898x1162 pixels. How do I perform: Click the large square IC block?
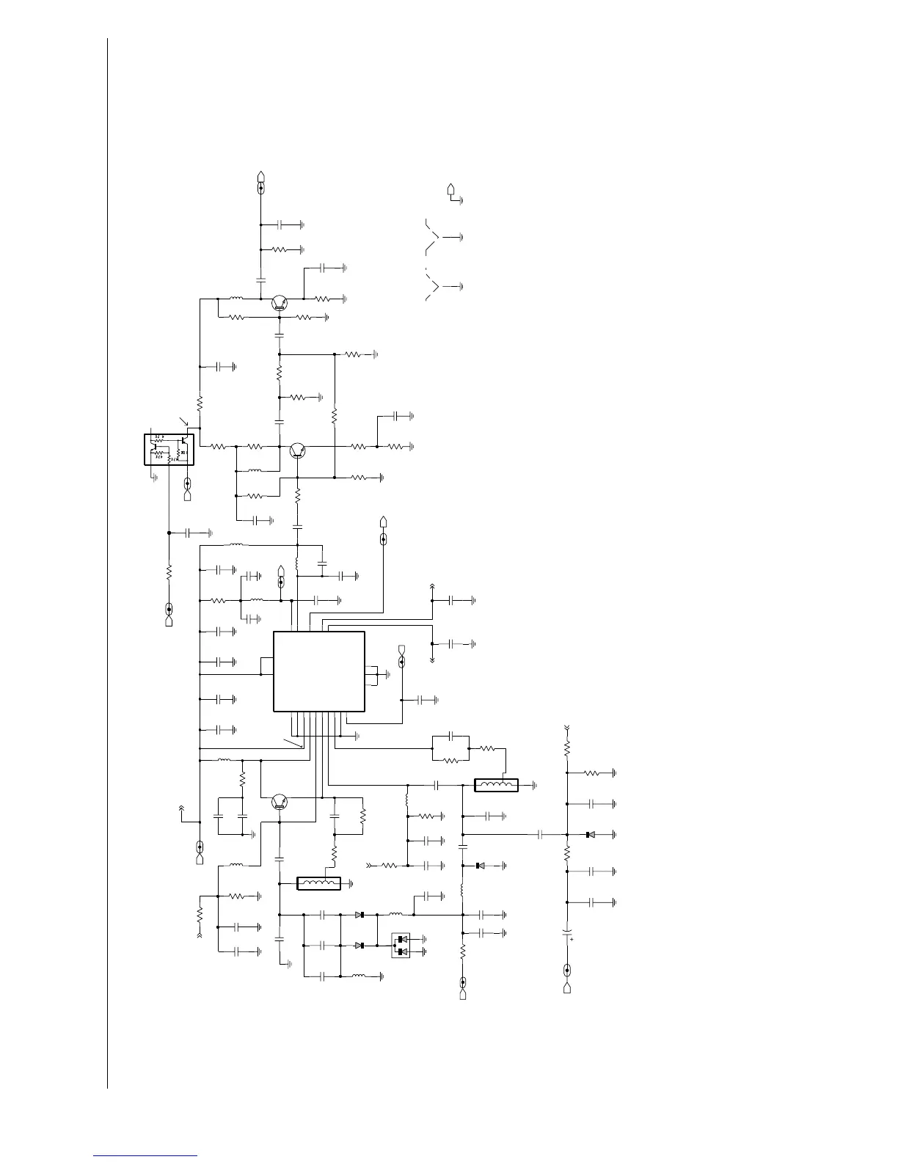coord(319,671)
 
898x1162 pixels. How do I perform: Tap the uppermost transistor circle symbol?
coord(279,302)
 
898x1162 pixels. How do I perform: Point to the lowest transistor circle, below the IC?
coord(279,802)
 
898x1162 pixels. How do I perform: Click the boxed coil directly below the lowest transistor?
coord(319,883)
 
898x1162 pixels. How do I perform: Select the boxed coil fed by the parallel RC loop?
coord(497,786)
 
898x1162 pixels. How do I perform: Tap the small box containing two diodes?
coord(401,945)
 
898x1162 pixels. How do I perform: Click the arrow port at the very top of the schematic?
coord(261,178)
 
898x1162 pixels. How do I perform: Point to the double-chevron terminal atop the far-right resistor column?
coord(566,728)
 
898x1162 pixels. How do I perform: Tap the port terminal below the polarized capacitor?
coord(566,979)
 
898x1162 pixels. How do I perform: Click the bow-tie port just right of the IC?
coord(402,654)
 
